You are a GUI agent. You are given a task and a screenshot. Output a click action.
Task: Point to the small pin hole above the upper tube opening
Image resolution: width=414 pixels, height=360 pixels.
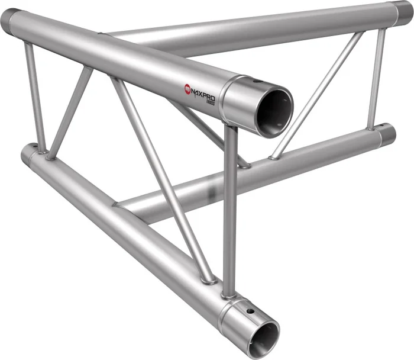pos(256,82)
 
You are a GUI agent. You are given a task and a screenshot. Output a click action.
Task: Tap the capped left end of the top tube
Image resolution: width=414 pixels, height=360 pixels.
pos(10,21)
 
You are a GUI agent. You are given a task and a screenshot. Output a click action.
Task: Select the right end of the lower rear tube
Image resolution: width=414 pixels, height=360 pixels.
pos(387,134)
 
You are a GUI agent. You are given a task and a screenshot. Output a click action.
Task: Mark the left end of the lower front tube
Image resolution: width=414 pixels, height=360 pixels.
pos(28,153)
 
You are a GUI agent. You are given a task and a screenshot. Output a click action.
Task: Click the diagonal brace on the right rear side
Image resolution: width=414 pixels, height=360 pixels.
pos(316,95)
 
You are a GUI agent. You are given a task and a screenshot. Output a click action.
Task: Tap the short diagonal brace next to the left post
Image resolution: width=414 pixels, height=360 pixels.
pos(70,112)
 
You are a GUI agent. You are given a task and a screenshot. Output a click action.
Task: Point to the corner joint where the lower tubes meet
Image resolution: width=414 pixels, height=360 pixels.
pos(121,204)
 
